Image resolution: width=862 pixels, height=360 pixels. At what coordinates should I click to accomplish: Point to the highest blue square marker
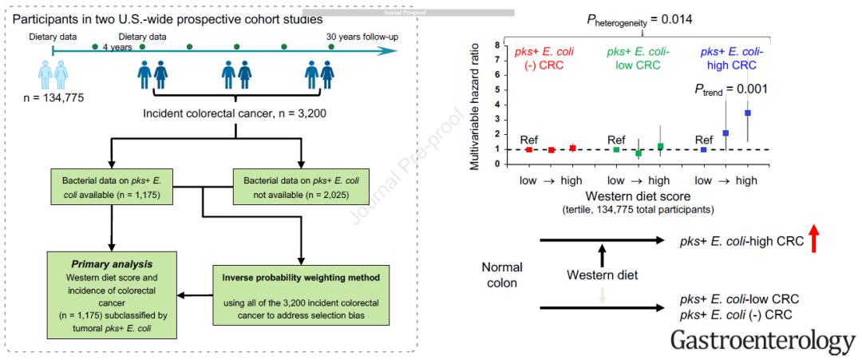pos(747,113)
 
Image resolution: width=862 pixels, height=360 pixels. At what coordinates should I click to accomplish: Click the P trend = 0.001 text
pos(722,89)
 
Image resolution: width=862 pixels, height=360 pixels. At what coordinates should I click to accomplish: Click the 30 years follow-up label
pos(362,38)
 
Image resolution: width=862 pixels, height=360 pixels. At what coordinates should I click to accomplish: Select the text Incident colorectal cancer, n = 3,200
pos(236,114)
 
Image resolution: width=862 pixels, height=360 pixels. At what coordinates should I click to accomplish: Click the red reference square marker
pos(529,149)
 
